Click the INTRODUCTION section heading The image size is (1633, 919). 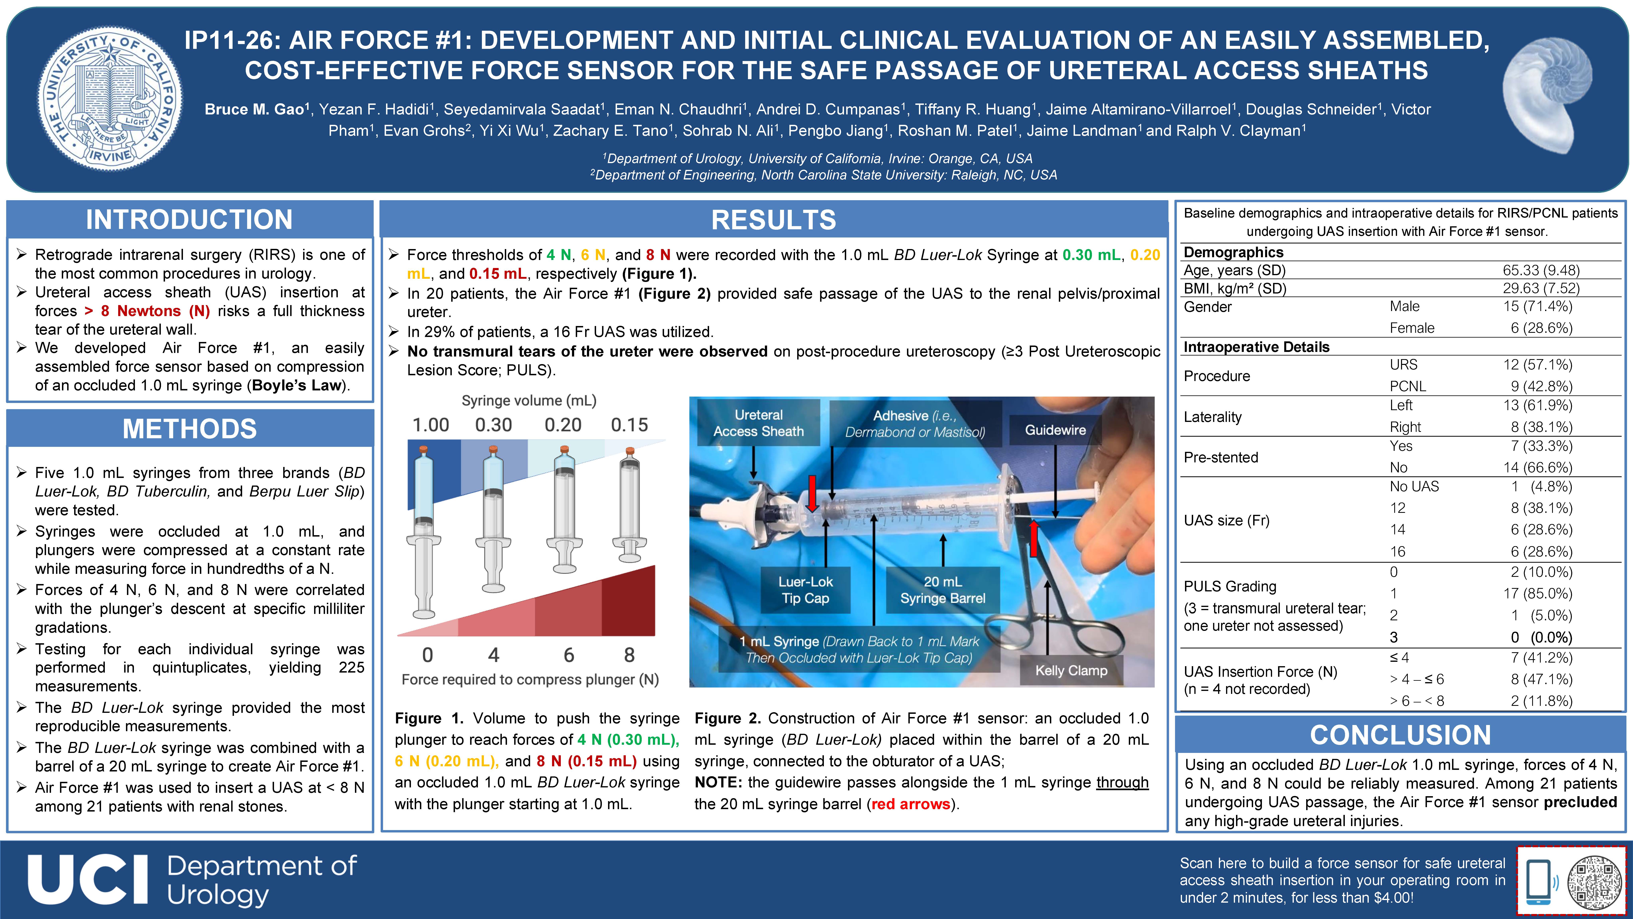190,220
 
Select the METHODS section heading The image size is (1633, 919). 190,429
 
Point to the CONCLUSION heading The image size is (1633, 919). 1400,735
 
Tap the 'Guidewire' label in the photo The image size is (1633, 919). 1055,430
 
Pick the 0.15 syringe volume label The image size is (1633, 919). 629,425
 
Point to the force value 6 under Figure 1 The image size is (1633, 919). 569,655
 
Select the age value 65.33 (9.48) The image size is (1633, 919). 1541,270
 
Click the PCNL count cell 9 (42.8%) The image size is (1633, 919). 1541,386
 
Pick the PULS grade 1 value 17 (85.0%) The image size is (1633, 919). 1541,594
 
